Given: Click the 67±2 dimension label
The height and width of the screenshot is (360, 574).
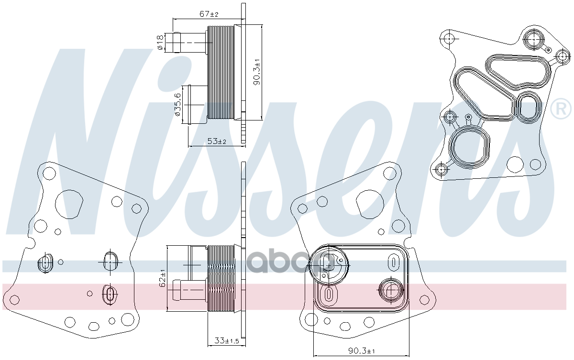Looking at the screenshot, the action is pos(209,14).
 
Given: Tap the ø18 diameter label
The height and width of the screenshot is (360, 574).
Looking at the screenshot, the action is pos(160,43).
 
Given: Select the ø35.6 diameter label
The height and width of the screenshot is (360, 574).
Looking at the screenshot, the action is pos(177,105).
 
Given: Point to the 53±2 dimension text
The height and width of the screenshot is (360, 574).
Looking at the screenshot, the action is pos(217,142).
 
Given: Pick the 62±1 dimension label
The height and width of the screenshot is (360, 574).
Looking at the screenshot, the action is pos(162,278).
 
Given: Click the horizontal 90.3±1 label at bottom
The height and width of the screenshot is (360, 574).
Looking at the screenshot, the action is pos(362,351).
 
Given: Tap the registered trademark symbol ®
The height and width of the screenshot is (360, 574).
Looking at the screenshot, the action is pos(562,109).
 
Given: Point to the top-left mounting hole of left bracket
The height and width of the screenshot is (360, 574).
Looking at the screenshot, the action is pos(48,174).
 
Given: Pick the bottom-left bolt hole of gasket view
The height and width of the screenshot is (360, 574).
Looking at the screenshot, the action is pos(442,169).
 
